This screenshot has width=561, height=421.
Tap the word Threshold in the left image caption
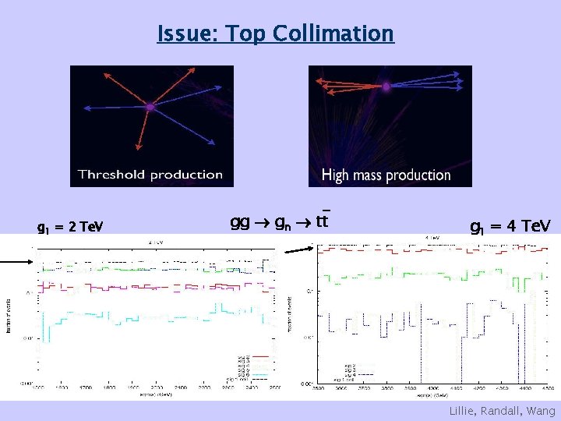[111, 175]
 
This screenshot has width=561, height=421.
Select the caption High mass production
[386, 175]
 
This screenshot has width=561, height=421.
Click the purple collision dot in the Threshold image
[150, 107]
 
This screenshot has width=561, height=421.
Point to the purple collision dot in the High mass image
[386, 87]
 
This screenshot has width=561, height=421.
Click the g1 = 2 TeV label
[69, 228]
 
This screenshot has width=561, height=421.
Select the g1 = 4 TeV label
[510, 226]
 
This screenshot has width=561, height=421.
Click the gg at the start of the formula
[240, 222]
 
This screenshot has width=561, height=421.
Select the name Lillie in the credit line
[464, 411]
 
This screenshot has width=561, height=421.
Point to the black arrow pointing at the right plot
[300, 249]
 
